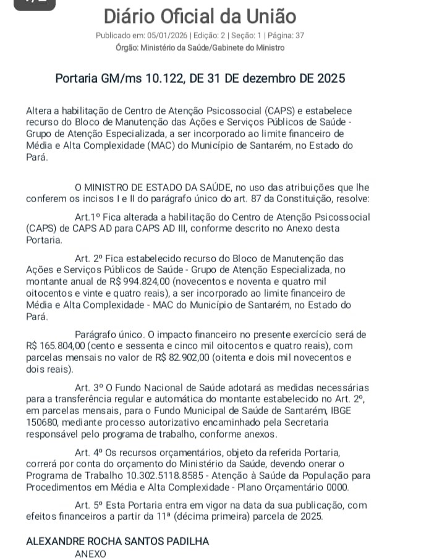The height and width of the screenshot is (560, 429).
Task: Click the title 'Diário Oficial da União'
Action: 200,16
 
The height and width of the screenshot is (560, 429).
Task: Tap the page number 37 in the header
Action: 299,35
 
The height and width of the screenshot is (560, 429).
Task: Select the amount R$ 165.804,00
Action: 59,346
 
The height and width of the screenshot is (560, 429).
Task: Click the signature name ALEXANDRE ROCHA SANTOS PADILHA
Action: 117,541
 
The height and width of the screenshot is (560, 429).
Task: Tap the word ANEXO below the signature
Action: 90,554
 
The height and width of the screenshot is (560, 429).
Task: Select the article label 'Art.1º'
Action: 87,218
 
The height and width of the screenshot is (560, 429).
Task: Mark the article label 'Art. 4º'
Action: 88,452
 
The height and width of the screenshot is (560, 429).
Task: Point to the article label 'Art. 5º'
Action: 88,505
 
